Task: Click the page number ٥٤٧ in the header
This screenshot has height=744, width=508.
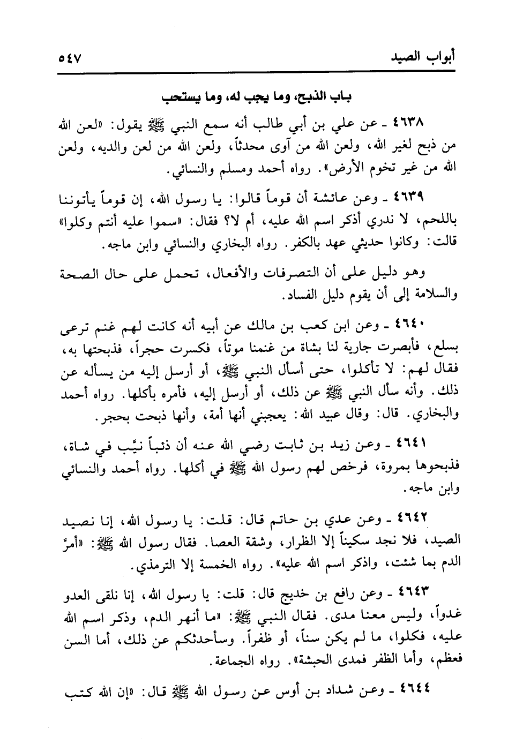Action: click(x=74, y=57)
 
